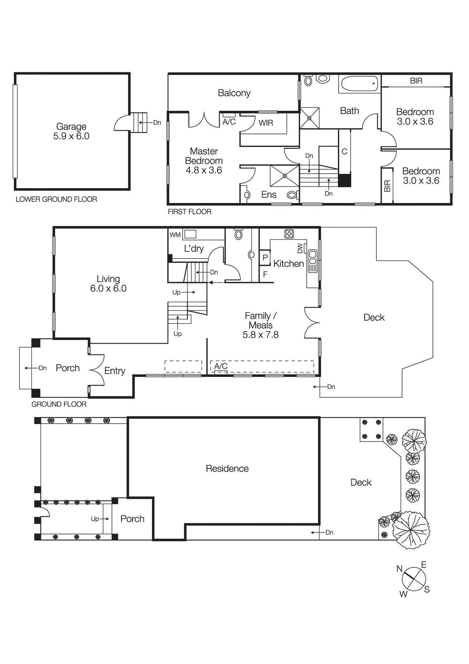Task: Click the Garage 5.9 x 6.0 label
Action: point(71,131)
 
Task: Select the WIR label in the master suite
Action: point(266,123)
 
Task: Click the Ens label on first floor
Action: point(269,195)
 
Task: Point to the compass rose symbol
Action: point(413,579)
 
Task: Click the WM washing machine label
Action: point(175,235)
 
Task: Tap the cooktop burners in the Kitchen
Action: point(289,234)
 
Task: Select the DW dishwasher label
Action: point(300,248)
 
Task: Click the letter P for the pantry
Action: point(265,258)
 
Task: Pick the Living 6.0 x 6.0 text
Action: point(108,283)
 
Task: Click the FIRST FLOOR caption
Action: point(189,212)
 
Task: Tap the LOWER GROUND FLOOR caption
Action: point(56,199)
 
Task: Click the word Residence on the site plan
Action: point(227,469)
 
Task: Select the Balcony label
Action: point(234,93)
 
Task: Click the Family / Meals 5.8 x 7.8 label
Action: point(261,325)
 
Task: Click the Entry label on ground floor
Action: point(115,371)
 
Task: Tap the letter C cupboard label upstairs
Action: point(344,152)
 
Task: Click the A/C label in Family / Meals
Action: point(221,366)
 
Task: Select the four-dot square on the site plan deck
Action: point(371,429)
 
